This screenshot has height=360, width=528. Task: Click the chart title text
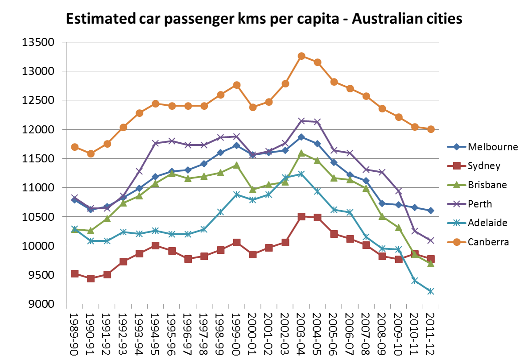point(264,19)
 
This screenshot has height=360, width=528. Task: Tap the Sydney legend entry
point(484,166)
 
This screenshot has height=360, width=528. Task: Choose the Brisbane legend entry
point(487,185)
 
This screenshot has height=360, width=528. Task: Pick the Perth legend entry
point(480,204)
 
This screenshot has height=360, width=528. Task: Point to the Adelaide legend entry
point(487,223)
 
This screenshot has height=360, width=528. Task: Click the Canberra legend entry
point(488,242)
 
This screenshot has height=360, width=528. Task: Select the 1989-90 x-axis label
point(74,333)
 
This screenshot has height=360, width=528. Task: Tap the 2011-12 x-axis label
point(431,333)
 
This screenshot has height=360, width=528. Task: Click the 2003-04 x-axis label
point(301,333)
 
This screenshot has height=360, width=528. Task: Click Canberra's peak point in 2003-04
point(301,56)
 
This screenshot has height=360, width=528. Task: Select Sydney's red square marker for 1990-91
point(91,279)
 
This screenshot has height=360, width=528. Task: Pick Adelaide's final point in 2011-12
point(431,291)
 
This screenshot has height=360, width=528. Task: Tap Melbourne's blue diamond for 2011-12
point(431,211)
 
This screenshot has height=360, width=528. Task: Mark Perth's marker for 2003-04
point(301,121)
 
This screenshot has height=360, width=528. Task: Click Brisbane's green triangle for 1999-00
point(237,165)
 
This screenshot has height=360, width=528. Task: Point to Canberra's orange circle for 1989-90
point(74,147)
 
